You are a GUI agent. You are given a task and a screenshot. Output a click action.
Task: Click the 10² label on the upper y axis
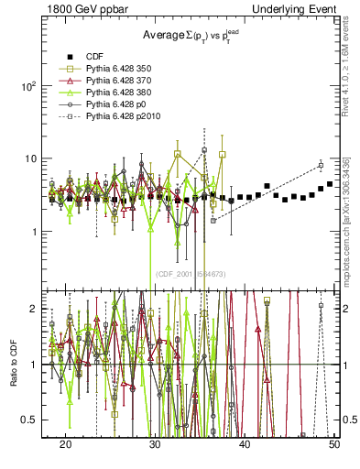tap(28, 86)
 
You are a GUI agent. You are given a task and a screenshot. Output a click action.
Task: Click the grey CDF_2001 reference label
tap(193, 274)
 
